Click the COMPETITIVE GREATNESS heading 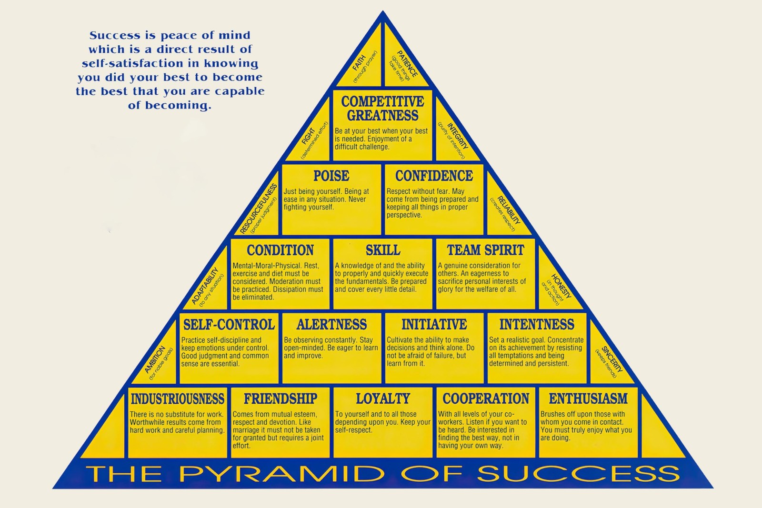[383, 109]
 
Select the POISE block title [331, 176]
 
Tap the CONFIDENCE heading [434, 176]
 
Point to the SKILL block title [383, 250]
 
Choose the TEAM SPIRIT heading [485, 250]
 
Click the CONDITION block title [281, 250]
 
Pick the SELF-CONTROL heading [229, 324]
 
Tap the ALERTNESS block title [331, 324]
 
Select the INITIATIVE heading [434, 324]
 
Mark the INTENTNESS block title [537, 324]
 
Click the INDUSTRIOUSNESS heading [178, 399]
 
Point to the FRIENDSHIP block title [281, 399]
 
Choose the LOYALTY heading [383, 399]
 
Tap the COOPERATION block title [486, 399]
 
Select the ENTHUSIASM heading [588, 399]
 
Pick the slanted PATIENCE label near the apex [407, 64]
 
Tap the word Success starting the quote [115, 35]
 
